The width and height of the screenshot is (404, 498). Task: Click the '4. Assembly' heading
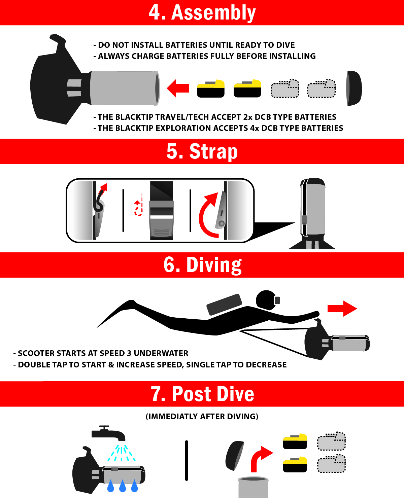pos(202,13)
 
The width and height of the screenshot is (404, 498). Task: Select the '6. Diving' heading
pos(203,265)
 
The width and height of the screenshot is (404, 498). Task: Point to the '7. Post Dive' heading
pos(203,394)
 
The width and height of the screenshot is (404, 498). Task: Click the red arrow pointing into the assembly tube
pos(178,88)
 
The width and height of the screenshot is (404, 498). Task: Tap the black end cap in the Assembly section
pos(354,88)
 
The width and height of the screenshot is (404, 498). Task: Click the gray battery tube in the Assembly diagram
pos(125,88)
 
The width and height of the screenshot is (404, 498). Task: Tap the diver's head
pos(266,300)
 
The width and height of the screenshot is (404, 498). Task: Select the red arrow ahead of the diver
pos(342,309)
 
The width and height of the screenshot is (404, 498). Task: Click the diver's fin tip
pos(97,327)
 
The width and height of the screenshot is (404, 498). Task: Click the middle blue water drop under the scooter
pos(123,486)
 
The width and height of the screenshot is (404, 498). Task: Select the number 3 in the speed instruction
pos(129,353)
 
